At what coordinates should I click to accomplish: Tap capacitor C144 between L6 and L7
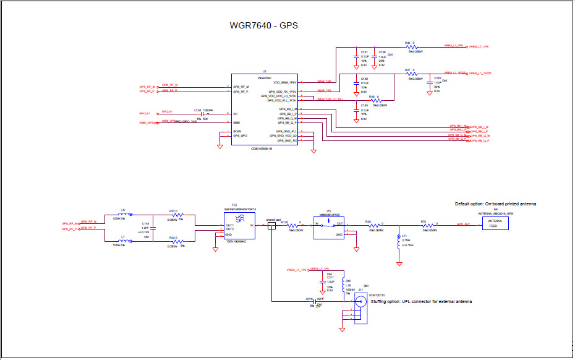coord(154,228)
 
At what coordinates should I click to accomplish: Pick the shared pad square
coord(271,226)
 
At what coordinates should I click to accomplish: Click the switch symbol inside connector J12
coord(329,226)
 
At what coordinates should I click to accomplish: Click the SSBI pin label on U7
coord(237,122)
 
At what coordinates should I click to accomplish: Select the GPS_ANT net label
coord(464,224)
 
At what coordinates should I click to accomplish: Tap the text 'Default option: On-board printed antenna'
coord(495,204)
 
